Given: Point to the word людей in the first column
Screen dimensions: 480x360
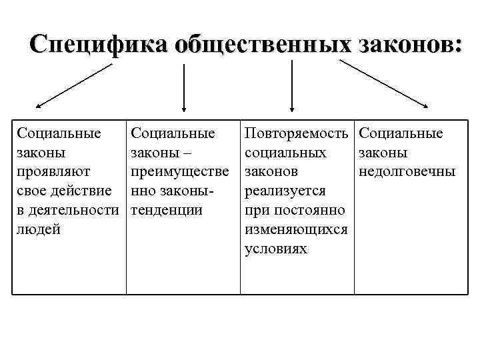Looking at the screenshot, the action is click(x=38, y=230).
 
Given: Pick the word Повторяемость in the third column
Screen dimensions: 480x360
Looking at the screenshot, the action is click(x=297, y=133).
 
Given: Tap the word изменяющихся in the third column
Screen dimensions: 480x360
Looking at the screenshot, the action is click(x=296, y=230).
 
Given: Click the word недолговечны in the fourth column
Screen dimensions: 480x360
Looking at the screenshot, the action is click(x=407, y=172).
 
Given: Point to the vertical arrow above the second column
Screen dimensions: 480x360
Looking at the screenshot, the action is click(x=184, y=87).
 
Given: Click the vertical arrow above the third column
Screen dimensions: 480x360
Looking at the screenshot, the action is click(x=291, y=87).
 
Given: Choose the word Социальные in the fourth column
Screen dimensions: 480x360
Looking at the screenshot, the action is click(x=401, y=133).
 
